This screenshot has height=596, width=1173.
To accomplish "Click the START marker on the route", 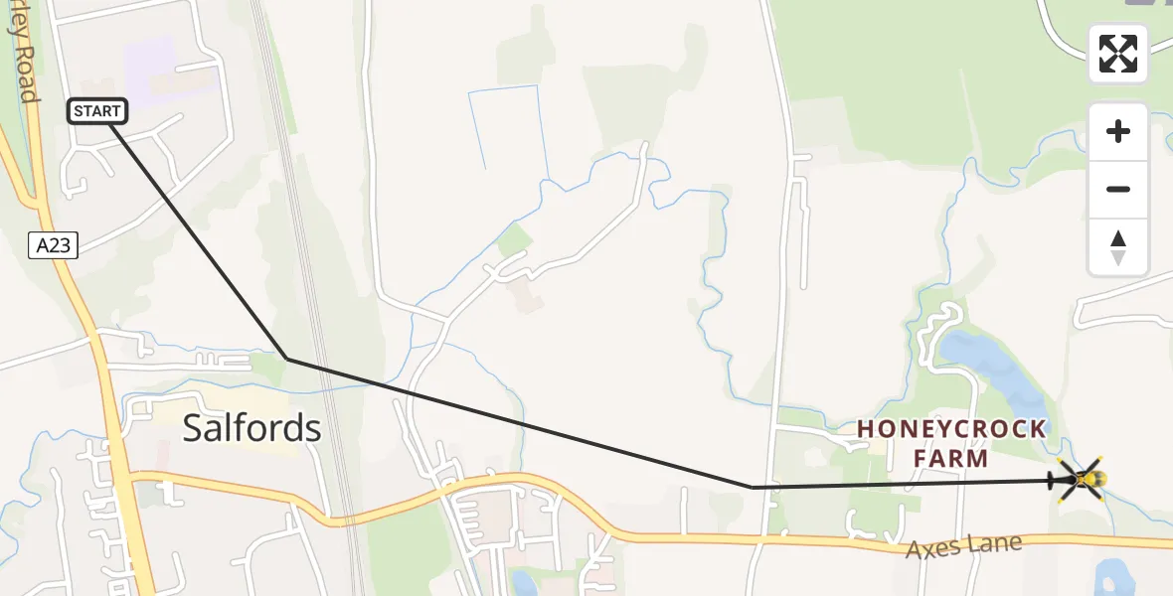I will point(97,111).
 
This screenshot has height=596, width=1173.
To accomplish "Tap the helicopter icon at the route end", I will point(1081,480).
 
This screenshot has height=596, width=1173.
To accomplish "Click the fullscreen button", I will point(1118,54).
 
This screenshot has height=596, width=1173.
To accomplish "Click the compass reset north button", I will point(1118,247).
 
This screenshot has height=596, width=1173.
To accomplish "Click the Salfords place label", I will point(251,428).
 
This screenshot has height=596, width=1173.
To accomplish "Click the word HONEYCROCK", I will point(951,429).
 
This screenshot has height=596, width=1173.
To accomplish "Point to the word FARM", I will point(952,458).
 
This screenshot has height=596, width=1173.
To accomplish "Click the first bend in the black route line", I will point(286,358).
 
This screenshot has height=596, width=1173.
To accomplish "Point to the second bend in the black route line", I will point(753,488).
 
